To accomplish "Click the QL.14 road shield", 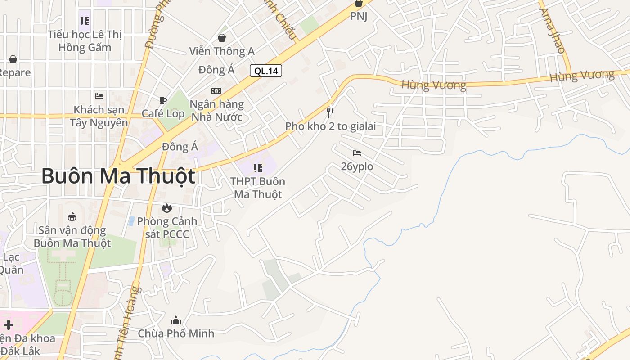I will (x=266, y=71).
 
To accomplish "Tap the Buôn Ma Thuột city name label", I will (x=118, y=176).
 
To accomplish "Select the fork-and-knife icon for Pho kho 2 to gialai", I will (x=330, y=112).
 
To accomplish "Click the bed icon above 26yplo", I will (x=357, y=153).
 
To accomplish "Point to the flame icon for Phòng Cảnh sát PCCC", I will (x=167, y=208).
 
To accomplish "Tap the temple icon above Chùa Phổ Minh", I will (x=176, y=320).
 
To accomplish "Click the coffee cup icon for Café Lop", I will (x=163, y=100).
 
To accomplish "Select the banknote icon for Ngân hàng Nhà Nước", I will (x=216, y=91).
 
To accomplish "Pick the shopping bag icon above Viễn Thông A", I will (x=222, y=38).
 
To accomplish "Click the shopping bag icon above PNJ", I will (x=359, y=3).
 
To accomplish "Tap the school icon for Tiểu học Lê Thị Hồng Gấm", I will (x=85, y=21).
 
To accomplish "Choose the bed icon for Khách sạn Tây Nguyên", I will (x=99, y=96).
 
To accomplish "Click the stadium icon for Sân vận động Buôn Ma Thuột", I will (x=72, y=217).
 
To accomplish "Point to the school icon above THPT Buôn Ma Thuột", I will (x=258, y=168).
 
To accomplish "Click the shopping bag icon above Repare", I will (x=13, y=59).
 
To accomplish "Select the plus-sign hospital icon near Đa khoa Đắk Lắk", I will (x=8, y=324).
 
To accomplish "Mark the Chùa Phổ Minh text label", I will (x=176, y=333).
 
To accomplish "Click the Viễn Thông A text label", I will (x=222, y=51).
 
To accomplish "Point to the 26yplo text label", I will (x=357, y=166).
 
